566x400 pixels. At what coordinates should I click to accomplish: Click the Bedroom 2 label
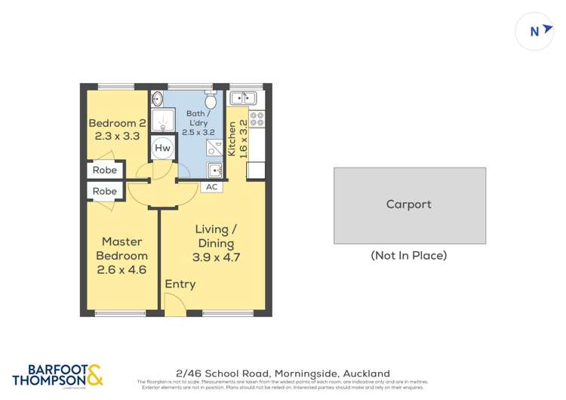coord(117,123)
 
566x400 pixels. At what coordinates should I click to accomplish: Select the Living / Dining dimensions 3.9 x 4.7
coord(215,257)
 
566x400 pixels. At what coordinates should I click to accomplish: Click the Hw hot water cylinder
coord(162,148)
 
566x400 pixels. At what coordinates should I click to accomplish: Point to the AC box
coord(212,186)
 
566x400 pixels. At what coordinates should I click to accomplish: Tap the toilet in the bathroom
coord(211,100)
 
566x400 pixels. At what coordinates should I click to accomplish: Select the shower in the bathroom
coord(161,120)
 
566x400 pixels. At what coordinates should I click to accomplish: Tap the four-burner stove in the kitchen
coord(256,118)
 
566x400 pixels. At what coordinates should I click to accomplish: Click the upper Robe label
coord(105,171)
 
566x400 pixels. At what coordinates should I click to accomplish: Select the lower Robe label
coord(105,192)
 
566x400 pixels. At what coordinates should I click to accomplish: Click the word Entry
coord(180,285)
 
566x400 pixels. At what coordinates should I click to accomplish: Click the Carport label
coord(409,205)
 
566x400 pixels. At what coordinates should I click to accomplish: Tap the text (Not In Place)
coord(409,255)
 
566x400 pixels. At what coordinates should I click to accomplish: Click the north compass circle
coord(536,32)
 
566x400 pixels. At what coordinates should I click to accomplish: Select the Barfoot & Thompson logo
coord(57,375)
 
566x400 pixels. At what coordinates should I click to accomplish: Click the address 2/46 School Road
coord(283,374)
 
